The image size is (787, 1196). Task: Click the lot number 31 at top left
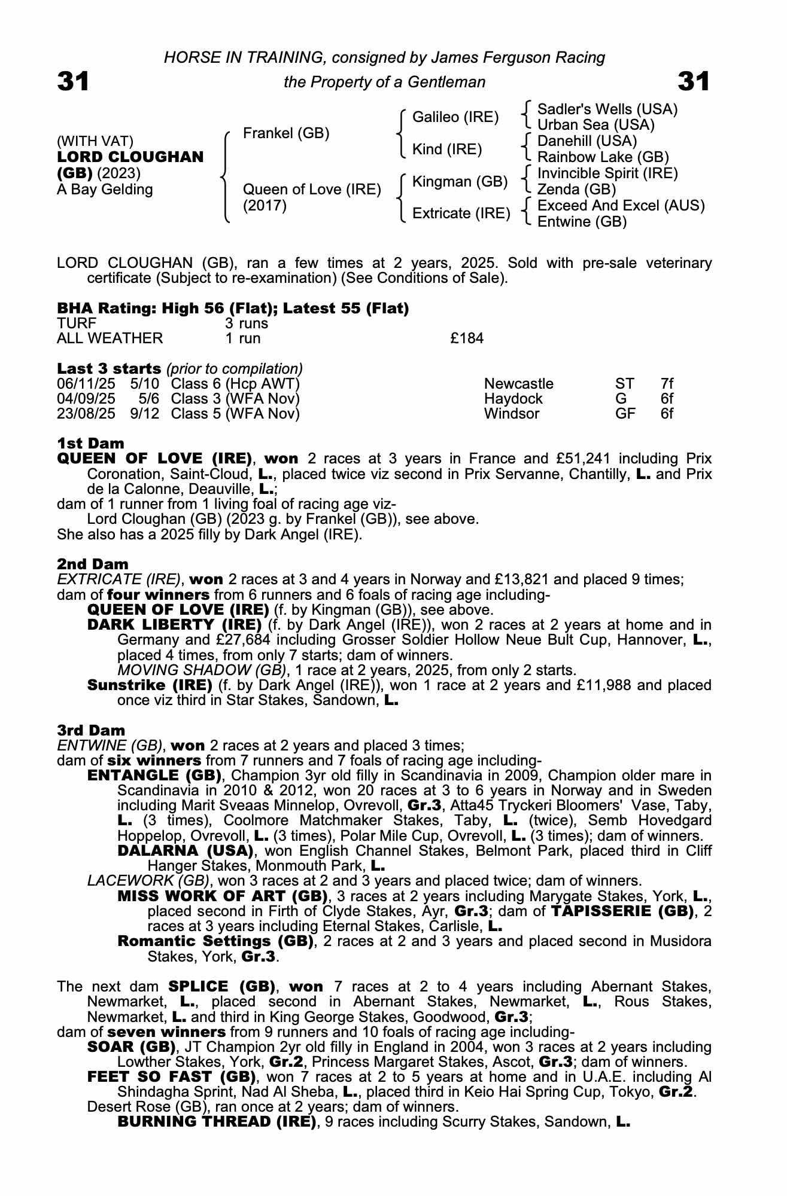click(x=73, y=81)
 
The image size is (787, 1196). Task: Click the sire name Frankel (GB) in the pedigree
click(x=286, y=133)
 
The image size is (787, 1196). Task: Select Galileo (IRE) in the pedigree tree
click(x=455, y=117)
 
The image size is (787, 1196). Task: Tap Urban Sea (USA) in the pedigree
click(x=595, y=125)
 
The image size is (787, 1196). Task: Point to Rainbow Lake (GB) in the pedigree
click(x=603, y=157)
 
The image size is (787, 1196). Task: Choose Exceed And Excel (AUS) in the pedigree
click(x=621, y=206)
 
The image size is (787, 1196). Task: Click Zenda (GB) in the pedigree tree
click(x=576, y=190)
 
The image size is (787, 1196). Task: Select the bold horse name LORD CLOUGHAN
click(x=130, y=157)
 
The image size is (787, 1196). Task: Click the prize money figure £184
click(x=467, y=338)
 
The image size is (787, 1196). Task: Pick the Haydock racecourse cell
click(x=513, y=399)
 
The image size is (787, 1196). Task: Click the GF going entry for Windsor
click(x=625, y=414)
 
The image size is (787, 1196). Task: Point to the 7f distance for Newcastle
click(x=667, y=384)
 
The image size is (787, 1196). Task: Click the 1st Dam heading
click(x=90, y=443)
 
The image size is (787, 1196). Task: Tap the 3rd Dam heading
click(x=91, y=730)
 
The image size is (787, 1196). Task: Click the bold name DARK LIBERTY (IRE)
click(x=174, y=625)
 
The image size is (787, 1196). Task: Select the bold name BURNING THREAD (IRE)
click(x=217, y=1121)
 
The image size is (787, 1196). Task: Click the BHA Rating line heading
click(x=233, y=309)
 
